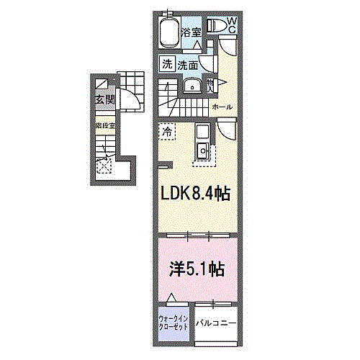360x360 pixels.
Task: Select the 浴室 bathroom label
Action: [x=190, y=32]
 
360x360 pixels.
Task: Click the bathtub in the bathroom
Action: [x=167, y=32]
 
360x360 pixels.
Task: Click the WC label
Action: [x=232, y=26]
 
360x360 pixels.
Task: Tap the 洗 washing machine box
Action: [x=167, y=64]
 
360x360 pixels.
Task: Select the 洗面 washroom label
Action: [x=188, y=64]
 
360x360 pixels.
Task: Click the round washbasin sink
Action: [x=192, y=86]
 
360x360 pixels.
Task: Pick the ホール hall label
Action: [x=222, y=107]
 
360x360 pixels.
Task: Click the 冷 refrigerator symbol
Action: [x=167, y=132]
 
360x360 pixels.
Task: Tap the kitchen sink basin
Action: [x=202, y=151]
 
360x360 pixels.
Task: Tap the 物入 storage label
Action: [x=210, y=86]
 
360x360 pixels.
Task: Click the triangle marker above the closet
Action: [x=171, y=297]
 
